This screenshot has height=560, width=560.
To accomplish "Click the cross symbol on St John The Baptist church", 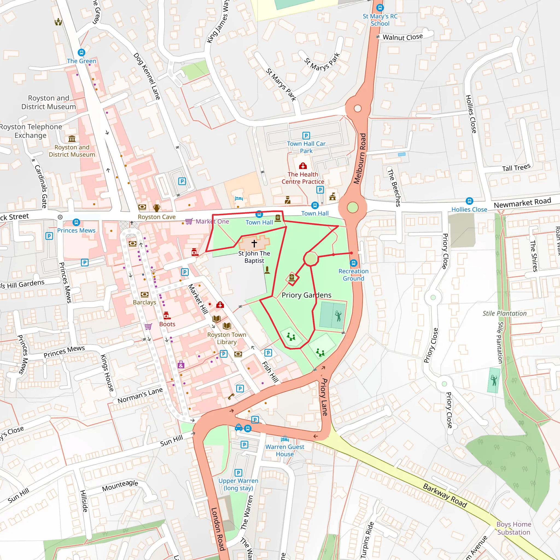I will tap(254, 243).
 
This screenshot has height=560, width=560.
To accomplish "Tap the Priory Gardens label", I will tap(306, 295).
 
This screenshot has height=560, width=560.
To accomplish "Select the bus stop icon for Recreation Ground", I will tap(353, 263).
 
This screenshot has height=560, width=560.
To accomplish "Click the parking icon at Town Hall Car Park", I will tap(306, 135).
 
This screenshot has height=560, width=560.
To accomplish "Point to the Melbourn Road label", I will tap(360, 159).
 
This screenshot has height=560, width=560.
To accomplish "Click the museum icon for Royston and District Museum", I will tap(72, 139).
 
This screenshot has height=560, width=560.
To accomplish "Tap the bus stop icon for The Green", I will tap(81, 52).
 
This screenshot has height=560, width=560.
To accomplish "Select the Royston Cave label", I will tap(156, 217).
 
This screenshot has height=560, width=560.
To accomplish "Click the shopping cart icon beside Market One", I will tap(189, 221).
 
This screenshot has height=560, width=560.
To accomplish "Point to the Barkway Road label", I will tap(445, 495).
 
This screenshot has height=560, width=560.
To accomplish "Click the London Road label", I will tap(218, 529).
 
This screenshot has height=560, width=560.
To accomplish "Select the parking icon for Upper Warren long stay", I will tap(238, 473).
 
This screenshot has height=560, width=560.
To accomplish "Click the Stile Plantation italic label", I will tap(504, 313).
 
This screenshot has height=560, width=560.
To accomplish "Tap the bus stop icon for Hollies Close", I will tap(469, 201).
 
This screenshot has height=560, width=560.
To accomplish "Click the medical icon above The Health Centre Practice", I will tap(303, 166).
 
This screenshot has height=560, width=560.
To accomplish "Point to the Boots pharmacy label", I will tap(167, 324).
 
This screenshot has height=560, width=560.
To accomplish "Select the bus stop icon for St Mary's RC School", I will tap(380, 8).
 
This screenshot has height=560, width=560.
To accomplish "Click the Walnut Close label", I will tap(402, 37).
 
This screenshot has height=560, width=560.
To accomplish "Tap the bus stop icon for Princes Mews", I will tap(76, 222).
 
